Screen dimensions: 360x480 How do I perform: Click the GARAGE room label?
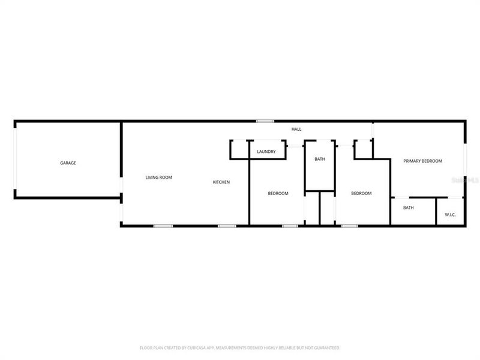coord(68,163)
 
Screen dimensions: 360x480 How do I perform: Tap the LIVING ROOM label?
coord(159,178)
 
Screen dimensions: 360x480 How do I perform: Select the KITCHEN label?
coord(221,182)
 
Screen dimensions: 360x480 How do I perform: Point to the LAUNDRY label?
coord(266,152)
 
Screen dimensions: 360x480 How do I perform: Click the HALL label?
coord(296,130)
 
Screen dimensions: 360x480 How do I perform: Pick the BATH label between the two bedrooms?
coord(320,159)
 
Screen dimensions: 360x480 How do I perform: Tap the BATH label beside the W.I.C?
coord(408,208)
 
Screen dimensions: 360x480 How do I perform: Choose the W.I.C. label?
coord(451,215)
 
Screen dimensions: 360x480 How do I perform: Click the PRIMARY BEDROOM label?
coord(422,161)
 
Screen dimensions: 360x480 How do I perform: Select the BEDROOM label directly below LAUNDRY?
coord(278,193)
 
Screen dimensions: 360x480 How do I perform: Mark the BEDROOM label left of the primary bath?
coord(361,193)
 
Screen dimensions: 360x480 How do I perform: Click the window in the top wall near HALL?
coord(265,121)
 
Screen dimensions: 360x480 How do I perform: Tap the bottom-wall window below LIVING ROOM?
coord(163,226)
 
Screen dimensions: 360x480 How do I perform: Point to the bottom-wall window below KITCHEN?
coord(226,226)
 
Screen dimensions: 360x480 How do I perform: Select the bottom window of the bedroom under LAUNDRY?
coord(290,226)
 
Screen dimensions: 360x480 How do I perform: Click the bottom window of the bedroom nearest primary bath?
coord(349,226)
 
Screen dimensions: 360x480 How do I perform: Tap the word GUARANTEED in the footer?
coord(326,348)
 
